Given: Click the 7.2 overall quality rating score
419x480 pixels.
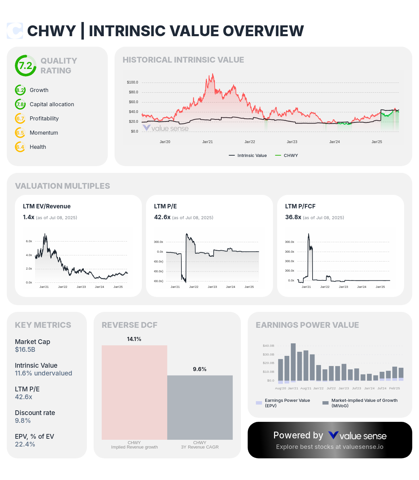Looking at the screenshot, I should (x=26, y=66).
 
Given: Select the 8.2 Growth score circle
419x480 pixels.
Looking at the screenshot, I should (x=20, y=90).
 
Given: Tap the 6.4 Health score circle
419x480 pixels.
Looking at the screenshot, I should (x=20, y=147).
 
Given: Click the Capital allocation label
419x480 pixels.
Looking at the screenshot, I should (x=52, y=105).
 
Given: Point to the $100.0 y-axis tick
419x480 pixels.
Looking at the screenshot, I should (x=132, y=83).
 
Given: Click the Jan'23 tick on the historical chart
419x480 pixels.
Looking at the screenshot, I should (x=292, y=142).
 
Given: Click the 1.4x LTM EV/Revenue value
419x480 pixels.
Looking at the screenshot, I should (x=28, y=217).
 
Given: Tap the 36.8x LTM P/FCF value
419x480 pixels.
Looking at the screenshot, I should (x=293, y=217).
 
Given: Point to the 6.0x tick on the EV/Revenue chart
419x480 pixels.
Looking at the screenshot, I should (x=29, y=242).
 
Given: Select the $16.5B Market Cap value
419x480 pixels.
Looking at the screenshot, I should (x=25, y=350).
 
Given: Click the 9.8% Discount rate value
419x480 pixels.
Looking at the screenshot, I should (x=23, y=421).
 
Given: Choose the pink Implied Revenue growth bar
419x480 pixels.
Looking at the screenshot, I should (x=134, y=392).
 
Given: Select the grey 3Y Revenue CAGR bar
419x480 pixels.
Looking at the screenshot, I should (x=200, y=407).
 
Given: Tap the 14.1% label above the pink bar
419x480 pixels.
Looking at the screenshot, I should (x=134, y=339).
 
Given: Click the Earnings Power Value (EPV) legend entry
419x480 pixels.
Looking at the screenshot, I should (x=287, y=403).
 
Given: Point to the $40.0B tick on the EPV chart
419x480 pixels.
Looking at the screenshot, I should (x=268, y=346).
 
